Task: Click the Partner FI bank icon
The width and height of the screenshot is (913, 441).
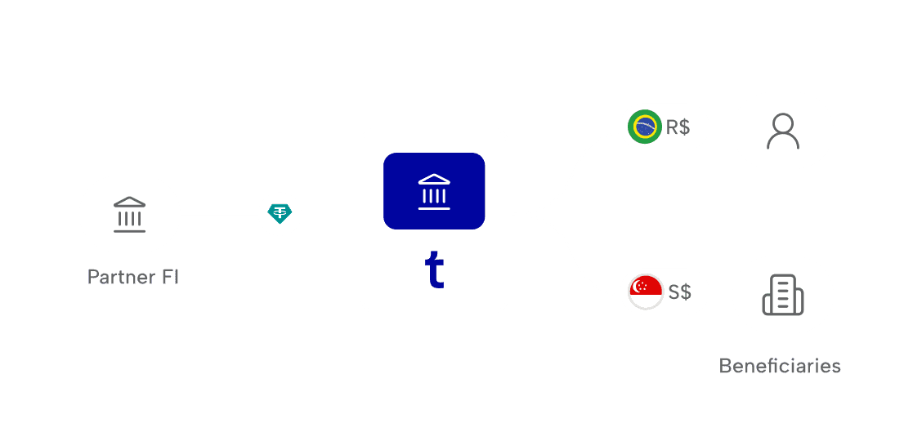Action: (x=129, y=214)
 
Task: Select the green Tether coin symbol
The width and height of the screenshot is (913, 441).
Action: (x=280, y=214)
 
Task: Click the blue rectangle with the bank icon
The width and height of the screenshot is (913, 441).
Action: (x=434, y=191)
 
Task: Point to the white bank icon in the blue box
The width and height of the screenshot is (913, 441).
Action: (x=434, y=191)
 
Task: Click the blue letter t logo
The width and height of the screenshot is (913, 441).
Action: (x=434, y=270)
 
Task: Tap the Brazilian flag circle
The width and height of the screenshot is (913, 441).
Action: (x=645, y=127)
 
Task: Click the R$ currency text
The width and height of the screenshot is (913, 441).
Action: (x=678, y=127)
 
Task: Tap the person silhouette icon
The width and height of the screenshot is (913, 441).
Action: (x=782, y=131)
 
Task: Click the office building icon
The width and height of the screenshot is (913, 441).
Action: (x=782, y=295)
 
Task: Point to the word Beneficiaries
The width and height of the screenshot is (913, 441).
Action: (x=780, y=366)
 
